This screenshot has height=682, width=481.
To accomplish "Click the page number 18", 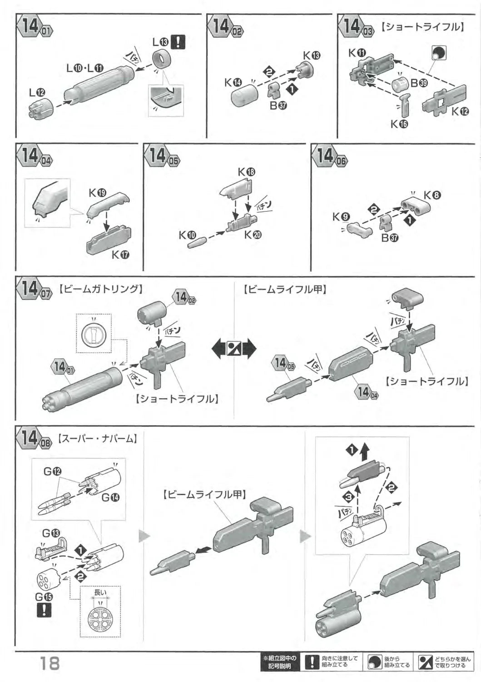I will (50, 662).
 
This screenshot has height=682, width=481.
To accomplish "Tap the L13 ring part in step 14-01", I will (161, 60).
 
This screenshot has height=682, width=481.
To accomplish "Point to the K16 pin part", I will (405, 105).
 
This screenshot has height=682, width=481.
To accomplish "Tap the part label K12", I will (460, 112).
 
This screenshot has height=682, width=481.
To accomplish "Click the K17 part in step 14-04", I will (108, 240).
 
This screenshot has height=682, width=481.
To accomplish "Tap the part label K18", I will (247, 172).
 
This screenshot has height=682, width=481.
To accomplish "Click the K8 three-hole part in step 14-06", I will (415, 207).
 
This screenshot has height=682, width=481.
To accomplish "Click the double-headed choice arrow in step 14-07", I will (234, 349).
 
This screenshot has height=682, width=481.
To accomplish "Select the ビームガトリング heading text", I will (101, 289).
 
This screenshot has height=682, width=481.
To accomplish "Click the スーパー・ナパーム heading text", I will (97, 439).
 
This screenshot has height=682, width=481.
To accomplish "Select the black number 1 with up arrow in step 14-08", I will (357, 450).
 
